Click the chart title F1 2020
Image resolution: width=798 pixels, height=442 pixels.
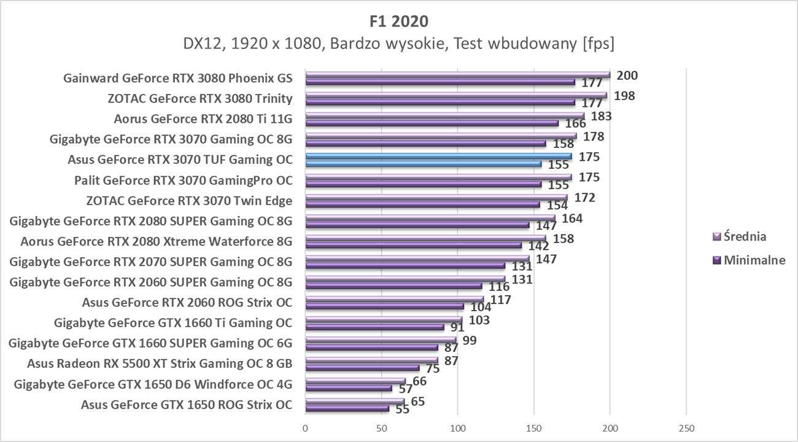click(x=399, y=21)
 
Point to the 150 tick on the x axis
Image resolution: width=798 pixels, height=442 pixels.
click(x=533, y=428)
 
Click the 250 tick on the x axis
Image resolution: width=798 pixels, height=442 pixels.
click(x=686, y=428)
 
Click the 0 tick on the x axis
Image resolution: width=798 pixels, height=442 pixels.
click(x=305, y=428)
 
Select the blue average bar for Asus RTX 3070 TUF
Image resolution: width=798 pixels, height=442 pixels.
click(x=438, y=157)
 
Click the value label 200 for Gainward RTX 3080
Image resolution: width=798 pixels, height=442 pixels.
click(x=627, y=76)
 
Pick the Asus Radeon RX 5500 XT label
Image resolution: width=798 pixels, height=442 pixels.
click(x=160, y=363)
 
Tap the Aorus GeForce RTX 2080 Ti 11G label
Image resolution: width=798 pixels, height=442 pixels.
click(x=203, y=118)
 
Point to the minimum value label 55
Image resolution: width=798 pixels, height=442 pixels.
click(x=403, y=409)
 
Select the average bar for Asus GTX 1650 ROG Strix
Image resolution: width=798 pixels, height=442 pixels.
click(x=354, y=401)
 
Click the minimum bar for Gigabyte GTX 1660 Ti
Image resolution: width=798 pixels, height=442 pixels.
click(x=374, y=327)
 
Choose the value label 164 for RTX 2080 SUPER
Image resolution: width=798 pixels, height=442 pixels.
click(x=571, y=218)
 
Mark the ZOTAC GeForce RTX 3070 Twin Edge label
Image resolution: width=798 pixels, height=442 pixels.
click(x=190, y=200)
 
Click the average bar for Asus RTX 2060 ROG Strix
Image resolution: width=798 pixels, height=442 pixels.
click(x=393, y=300)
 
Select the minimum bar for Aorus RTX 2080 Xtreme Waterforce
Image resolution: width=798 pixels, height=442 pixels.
click(x=413, y=246)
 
